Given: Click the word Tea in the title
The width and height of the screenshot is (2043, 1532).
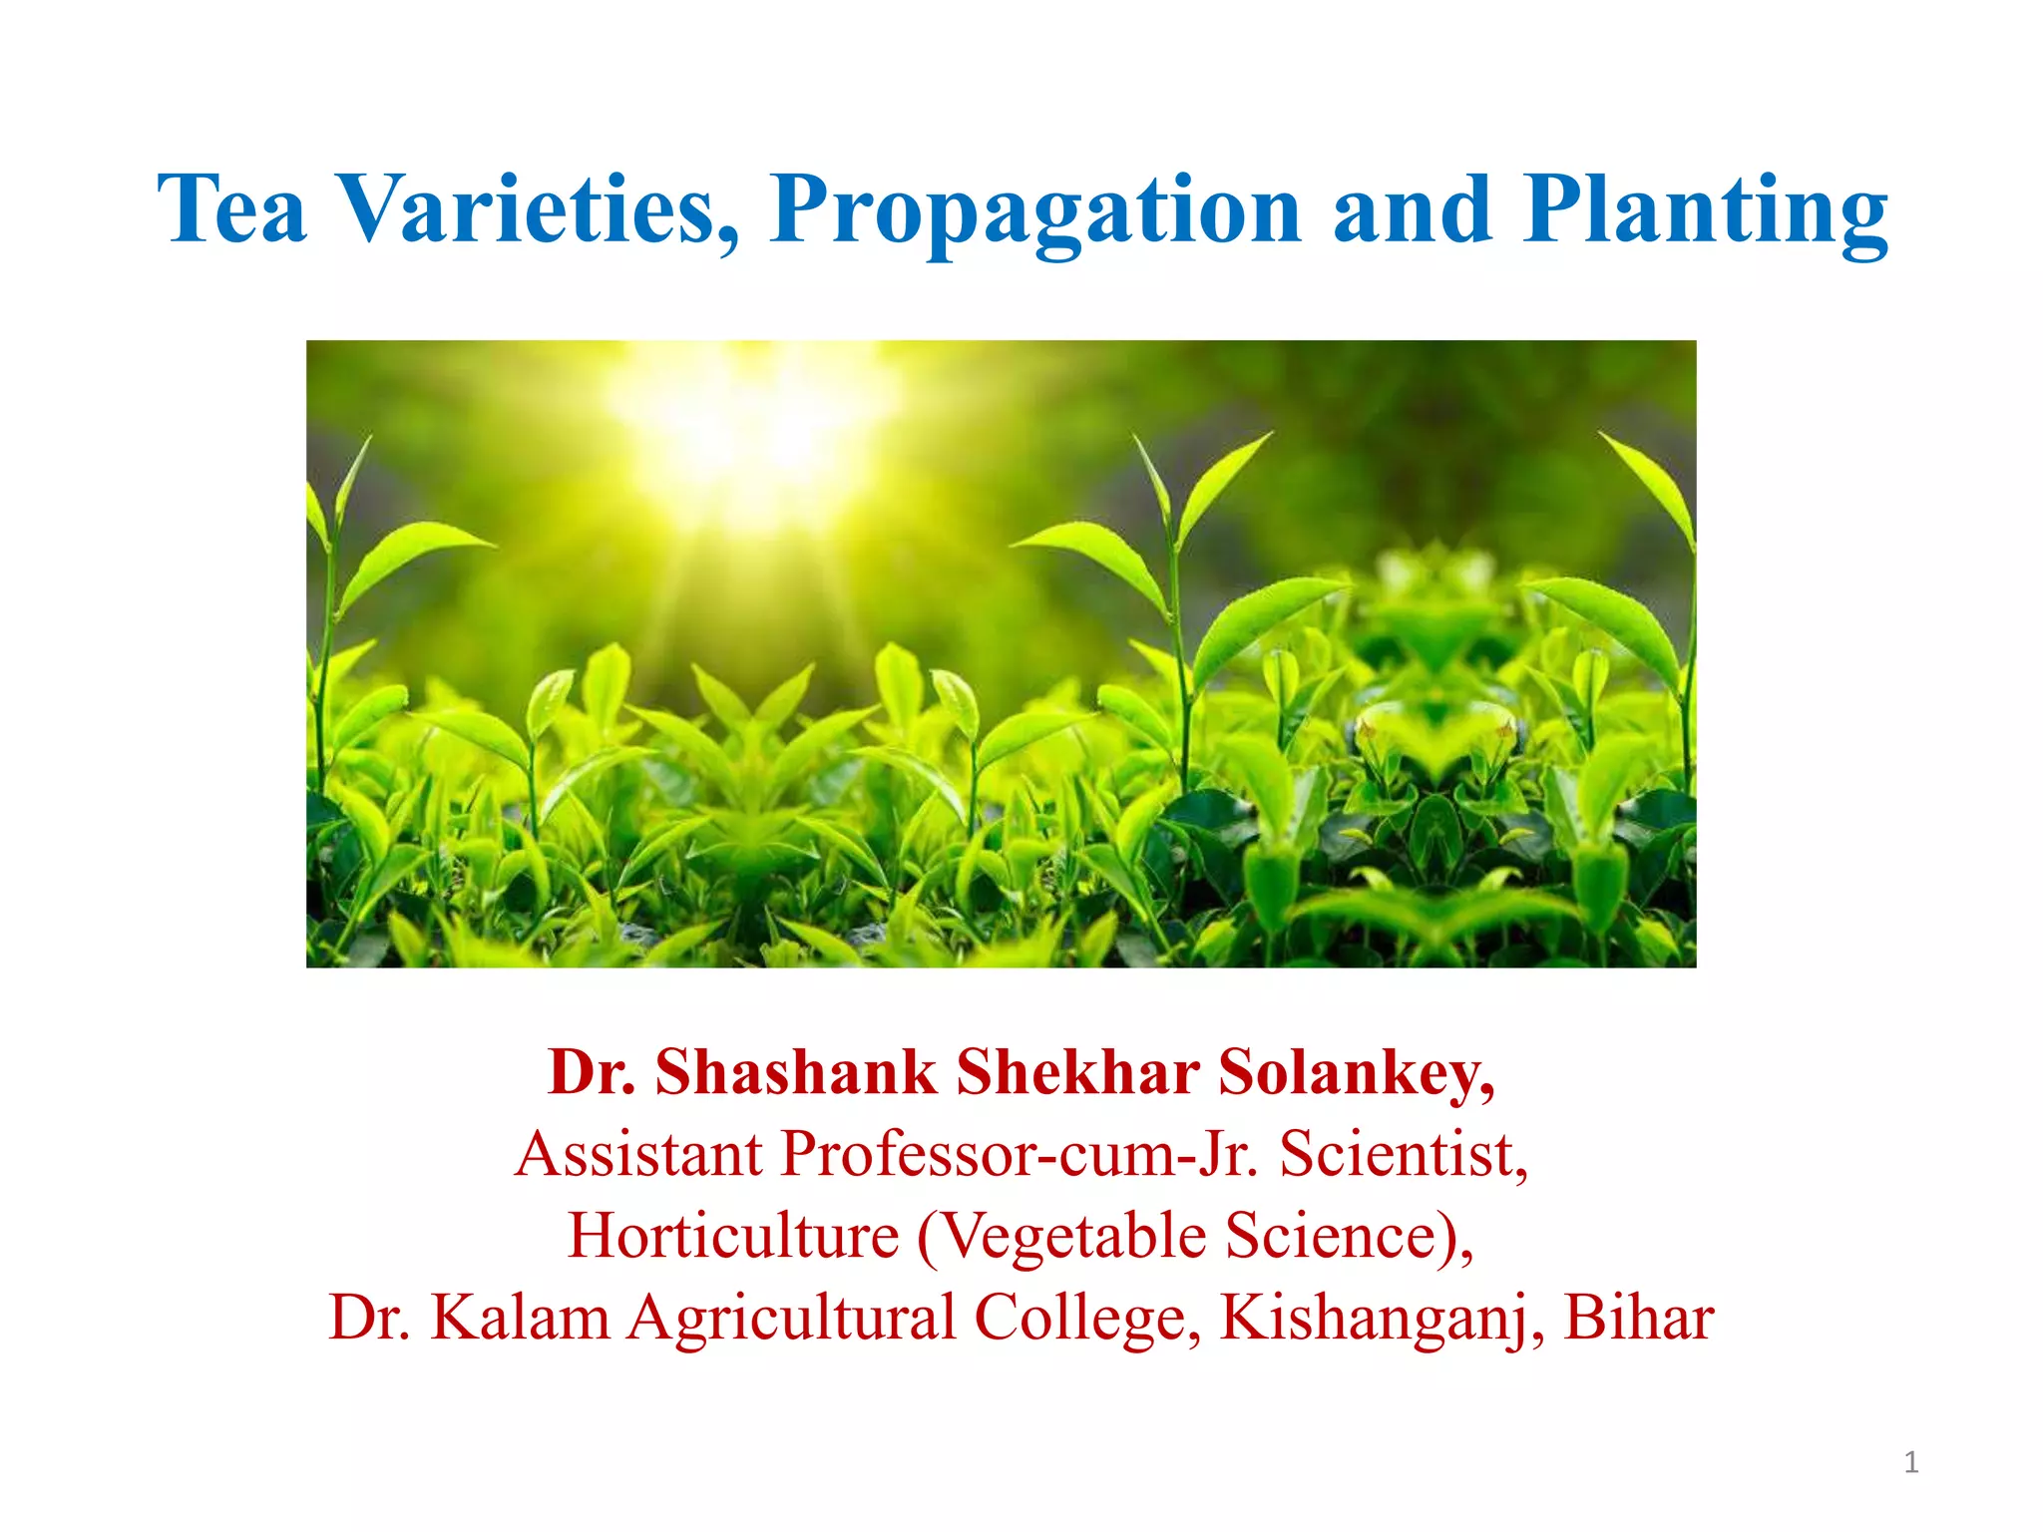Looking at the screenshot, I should click(x=231, y=209).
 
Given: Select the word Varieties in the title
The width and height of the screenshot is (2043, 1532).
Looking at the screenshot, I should click(x=539, y=209).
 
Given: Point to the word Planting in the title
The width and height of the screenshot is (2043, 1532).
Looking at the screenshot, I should click(x=1706, y=211).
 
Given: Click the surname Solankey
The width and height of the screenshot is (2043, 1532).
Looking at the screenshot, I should click(x=1357, y=1074).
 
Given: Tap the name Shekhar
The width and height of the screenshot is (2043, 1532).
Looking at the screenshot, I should click(x=1077, y=1072).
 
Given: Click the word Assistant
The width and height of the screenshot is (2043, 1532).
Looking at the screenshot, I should click(x=639, y=1155).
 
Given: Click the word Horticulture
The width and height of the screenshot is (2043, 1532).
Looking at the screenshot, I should click(x=733, y=1237).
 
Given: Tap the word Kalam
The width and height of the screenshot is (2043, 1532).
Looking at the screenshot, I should click(x=520, y=1319).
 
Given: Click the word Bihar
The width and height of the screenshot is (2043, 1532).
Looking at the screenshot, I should click(x=1638, y=1319).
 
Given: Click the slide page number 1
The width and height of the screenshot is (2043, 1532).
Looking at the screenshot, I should click(x=1911, y=1463).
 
